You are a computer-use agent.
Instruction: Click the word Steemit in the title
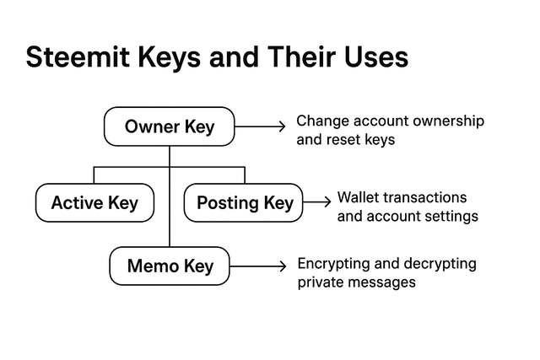pyautogui.click(x=78, y=56)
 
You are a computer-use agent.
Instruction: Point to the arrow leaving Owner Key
pyautogui.click(x=260, y=126)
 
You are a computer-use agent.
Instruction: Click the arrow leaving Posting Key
pyautogui.click(x=317, y=202)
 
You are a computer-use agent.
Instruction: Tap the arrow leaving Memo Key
pyautogui.click(x=258, y=266)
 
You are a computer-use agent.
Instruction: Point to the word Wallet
pyautogui.click(x=358, y=197)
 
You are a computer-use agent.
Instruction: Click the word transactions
pyautogui.click(x=424, y=197)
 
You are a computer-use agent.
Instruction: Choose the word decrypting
pyautogui.click(x=440, y=265)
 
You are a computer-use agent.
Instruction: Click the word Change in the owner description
pyautogui.click(x=322, y=122)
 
